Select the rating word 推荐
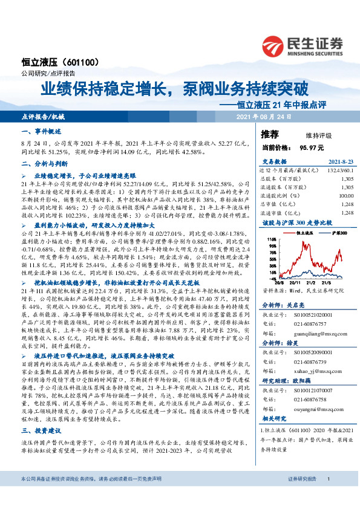point(270,134)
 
